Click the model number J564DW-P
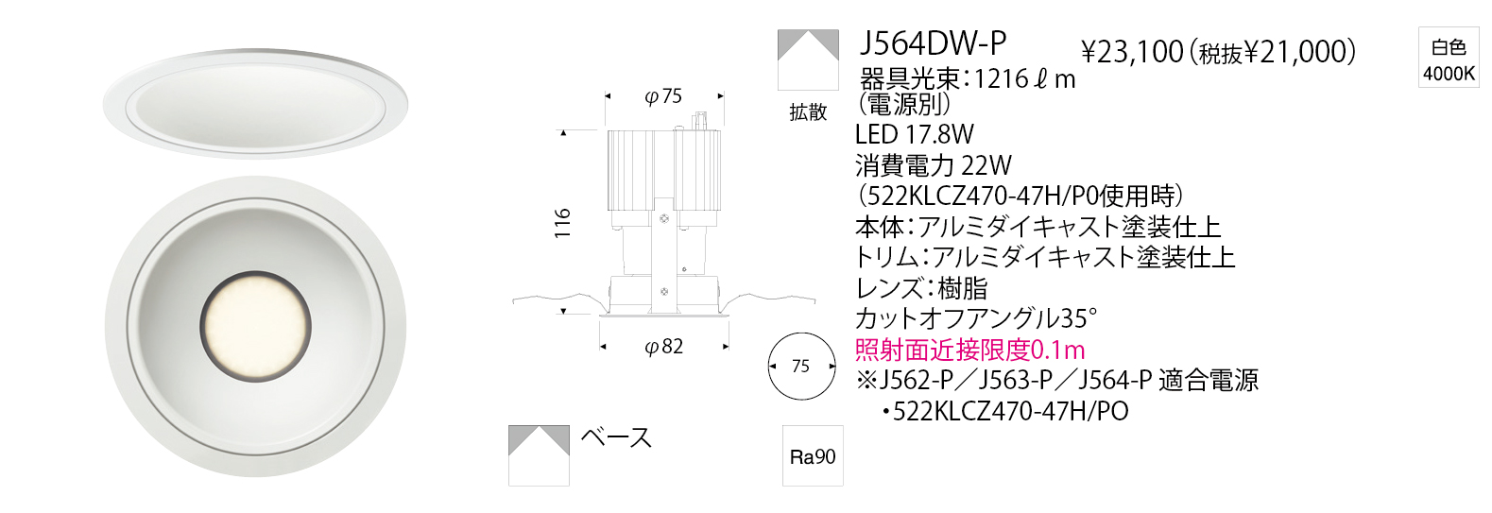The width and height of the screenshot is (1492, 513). point(933,43)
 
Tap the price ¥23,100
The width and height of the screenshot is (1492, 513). point(1132,52)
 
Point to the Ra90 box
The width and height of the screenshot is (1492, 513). point(813,456)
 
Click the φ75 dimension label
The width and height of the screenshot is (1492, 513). point(663,96)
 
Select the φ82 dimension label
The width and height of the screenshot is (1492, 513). point(664,347)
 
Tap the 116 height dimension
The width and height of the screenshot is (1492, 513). point(563,223)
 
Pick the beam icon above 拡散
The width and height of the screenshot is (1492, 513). point(808,60)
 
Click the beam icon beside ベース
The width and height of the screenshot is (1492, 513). point(539,455)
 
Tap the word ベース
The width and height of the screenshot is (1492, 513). point(616,437)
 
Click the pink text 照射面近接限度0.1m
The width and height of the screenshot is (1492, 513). point(969,350)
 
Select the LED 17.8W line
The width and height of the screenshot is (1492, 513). point(915,134)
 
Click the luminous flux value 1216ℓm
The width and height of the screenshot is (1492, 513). point(1025,79)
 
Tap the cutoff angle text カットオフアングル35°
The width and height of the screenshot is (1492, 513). point(976,318)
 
